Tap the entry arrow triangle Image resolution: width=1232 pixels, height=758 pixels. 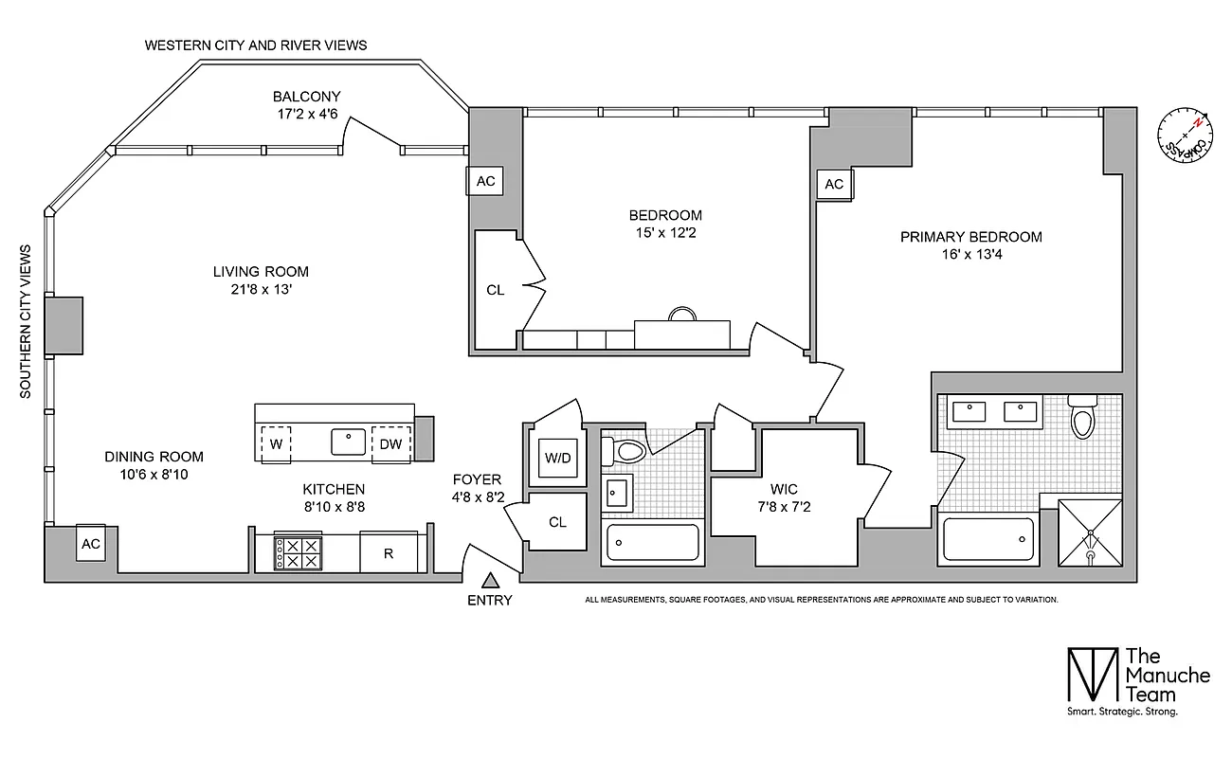[x=491, y=581]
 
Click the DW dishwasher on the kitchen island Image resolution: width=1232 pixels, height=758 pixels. [x=390, y=443]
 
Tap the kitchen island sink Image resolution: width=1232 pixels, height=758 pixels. [x=349, y=442]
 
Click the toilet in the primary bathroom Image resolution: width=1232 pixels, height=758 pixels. [x=1081, y=419]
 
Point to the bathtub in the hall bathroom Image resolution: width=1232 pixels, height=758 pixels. [x=652, y=542]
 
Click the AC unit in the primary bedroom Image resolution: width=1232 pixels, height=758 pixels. [x=834, y=184]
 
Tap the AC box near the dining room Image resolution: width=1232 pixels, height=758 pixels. [x=91, y=544]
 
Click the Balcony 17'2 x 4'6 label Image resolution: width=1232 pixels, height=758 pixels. [x=306, y=105]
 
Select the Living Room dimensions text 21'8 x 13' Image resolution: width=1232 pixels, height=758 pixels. [x=261, y=290]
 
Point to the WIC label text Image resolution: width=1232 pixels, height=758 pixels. [x=784, y=490]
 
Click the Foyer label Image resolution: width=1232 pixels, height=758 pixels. [x=477, y=479]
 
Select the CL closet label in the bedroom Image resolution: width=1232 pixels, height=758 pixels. [x=495, y=291]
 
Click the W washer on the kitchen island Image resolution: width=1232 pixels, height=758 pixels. [x=276, y=443]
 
